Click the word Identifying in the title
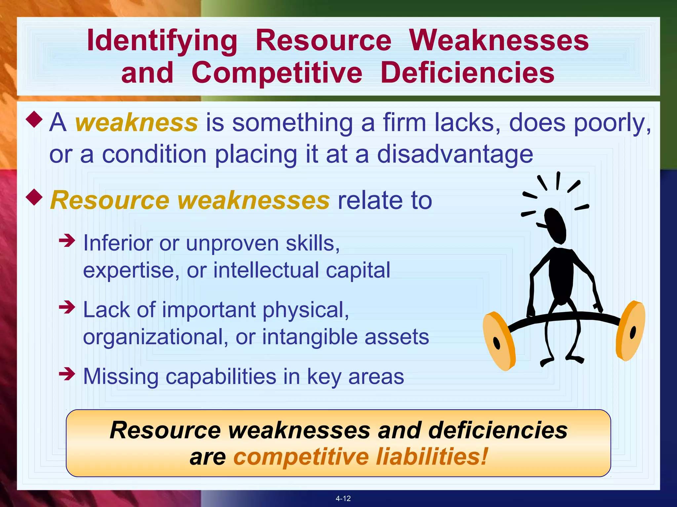pos(162,41)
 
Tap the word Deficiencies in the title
pos(467,73)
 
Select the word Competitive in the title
pos(277,73)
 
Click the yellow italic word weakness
pos(137,123)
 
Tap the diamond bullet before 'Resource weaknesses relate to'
pos(34,197)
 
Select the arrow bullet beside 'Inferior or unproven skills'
pos(67,240)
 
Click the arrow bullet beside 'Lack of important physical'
pos(67,307)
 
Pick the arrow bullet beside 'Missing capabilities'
pos(67,374)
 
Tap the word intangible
pos(309,337)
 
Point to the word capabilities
pos(220,377)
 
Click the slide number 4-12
pos(343,498)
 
